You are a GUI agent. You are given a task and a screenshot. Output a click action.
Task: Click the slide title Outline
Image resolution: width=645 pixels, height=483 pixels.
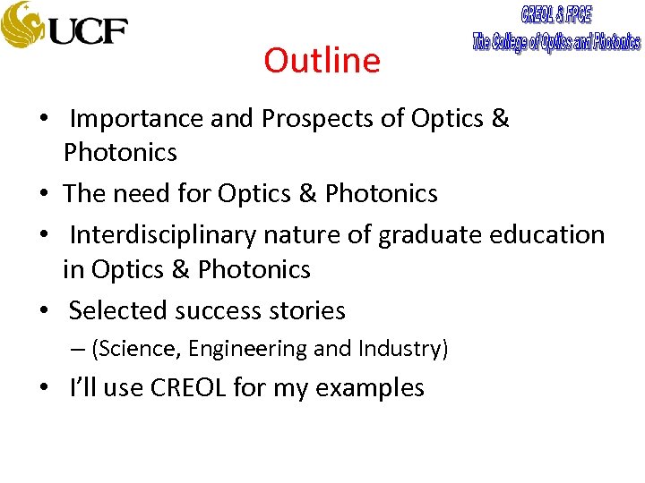coord(322,61)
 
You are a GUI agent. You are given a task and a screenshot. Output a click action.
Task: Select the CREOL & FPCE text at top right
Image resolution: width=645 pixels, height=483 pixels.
coord(556,15)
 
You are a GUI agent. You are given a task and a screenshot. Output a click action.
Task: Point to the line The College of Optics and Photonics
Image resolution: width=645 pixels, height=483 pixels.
coord(556,41)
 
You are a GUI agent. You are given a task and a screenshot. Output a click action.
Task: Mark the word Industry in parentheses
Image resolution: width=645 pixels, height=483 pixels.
coord(398,349)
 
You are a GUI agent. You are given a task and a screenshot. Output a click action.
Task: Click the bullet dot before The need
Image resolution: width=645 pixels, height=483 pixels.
coord(44,194)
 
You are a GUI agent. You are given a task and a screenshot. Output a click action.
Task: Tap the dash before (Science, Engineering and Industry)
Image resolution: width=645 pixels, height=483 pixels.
coord(80,349)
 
